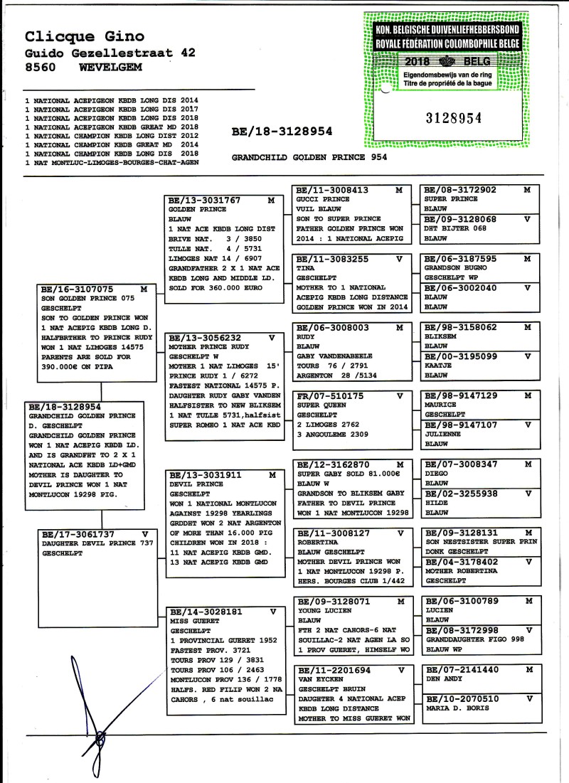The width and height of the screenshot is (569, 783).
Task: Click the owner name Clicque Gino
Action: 85,36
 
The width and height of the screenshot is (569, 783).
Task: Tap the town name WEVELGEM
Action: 111,67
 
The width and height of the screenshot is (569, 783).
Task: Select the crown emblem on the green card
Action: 447,61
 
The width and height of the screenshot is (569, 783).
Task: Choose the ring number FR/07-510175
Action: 329,395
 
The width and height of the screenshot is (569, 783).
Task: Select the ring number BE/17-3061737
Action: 75,533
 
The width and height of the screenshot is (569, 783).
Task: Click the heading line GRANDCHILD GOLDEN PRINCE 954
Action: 309,159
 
